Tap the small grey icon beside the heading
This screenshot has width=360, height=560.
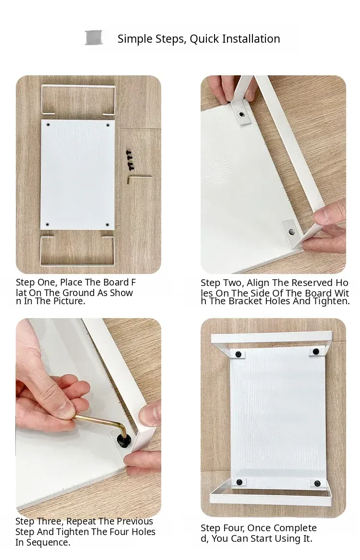pyautogui.click(x=94, y=38)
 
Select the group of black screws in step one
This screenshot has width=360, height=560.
pyautogui.click(x=130, y=159)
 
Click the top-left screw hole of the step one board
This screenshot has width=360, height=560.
pyautogui.click(x=48, y=125)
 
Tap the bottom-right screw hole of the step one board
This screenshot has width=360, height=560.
pyautogui.click(x=108, y=225)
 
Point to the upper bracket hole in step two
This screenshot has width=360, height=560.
pyautogui.click(x=242, y=114)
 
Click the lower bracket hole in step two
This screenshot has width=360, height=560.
pyautogui.click(x=292, y=232)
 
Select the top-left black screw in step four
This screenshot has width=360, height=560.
pyautogui.click(x=238, y=354)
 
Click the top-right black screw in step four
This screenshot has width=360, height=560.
pyautogui.click(x=316, y=352)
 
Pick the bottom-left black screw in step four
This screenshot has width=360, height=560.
pyautogui.click(x=240, y=482)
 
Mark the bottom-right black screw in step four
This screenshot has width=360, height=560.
pyautogui.click(x=317, y=484)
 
